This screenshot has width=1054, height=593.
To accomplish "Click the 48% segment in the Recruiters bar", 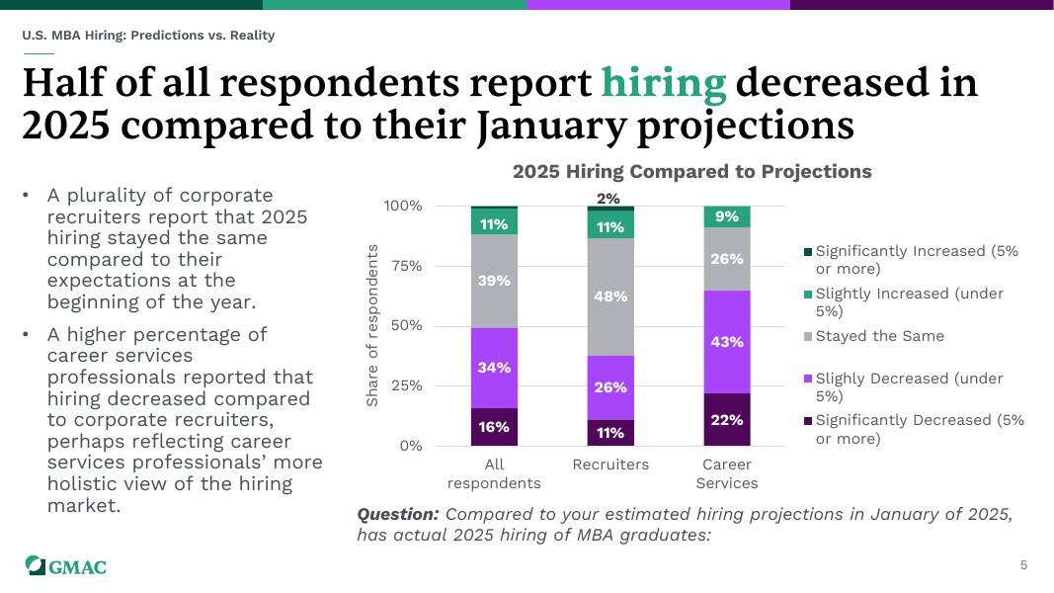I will (610, 296).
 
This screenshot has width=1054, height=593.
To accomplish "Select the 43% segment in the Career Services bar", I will (726, 342).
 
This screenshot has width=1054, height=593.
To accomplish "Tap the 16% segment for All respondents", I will (495, 427).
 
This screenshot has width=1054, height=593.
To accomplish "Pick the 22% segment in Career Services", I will (726, 420).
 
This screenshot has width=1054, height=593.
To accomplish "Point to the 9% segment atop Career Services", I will (726, 216).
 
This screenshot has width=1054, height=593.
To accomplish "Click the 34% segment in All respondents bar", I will (495, 368).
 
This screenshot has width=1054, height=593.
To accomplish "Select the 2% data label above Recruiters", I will (609, 199).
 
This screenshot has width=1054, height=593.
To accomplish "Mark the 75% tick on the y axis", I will (403, 266).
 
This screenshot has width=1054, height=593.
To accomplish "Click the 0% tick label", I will (409, 446).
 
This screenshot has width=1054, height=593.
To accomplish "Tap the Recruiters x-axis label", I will (610, 465).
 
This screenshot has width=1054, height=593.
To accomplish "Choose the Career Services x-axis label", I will (726, 473).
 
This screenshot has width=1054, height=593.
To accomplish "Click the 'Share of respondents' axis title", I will (372, 325).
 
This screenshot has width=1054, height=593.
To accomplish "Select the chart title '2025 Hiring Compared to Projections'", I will (691, 172).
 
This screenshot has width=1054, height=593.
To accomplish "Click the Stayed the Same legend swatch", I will (808, 337).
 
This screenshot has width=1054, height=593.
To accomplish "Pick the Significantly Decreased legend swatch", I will (808, 421).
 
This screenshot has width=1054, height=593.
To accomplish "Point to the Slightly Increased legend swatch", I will (808, 295).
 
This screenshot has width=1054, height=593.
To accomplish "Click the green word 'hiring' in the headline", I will (663, 84).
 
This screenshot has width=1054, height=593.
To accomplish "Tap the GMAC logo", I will (66, 566).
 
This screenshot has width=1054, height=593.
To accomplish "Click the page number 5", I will (1023, 565).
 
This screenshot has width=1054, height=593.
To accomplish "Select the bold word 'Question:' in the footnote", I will (397, 515).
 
